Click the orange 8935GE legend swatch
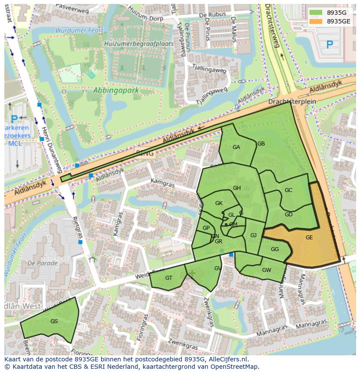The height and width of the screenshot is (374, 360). coord(316,21)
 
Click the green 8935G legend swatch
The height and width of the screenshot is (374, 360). coord(316,12)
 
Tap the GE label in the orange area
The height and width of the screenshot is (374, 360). coord(309,238)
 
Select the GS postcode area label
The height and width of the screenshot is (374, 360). coord(54,321)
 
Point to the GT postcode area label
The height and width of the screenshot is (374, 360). coord(169,278)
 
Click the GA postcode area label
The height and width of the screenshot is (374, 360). coord(236,147)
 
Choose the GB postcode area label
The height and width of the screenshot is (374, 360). coord(261,144)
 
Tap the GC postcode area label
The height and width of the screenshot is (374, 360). coord(288,190)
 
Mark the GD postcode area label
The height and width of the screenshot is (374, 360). coord(288,215)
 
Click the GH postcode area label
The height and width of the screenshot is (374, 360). coord(237,188)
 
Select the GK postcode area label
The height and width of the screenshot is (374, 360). coord(219,203)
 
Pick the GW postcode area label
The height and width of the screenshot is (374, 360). coord(267,270)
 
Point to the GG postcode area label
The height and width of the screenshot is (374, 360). coord(274,249)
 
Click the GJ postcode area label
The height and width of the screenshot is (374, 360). coord(253,235)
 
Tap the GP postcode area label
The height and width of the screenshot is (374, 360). coord(206,228)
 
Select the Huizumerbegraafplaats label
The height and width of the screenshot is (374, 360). coord(139,44)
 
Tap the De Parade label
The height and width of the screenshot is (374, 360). coord(42,263)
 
